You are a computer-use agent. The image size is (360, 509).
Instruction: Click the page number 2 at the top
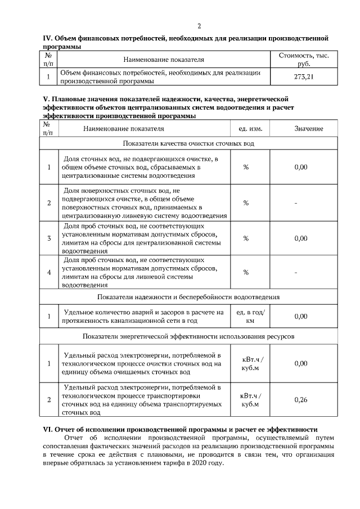point(199,26)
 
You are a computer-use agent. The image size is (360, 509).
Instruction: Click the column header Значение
point(308,129)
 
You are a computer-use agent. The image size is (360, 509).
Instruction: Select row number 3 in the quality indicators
point(49,238)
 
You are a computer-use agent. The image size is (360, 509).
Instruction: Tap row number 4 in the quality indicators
point(49,273)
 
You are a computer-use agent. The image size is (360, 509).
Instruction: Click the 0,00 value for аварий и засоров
point(301,316)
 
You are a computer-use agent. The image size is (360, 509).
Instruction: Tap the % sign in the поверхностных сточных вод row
point(246,202)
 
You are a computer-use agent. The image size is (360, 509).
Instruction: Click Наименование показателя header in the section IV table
point(164,59)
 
